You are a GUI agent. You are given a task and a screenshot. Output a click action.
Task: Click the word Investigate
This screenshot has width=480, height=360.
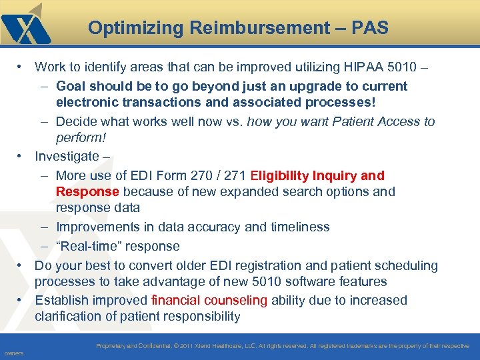(x=67, y=156)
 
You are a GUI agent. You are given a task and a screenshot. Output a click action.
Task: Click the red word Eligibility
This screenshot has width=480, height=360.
(x=285, y=175)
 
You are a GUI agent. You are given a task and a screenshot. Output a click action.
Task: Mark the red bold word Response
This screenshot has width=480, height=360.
(x=87, y=191)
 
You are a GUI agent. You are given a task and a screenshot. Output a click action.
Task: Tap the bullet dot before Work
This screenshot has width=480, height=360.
(x=21, y=67)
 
